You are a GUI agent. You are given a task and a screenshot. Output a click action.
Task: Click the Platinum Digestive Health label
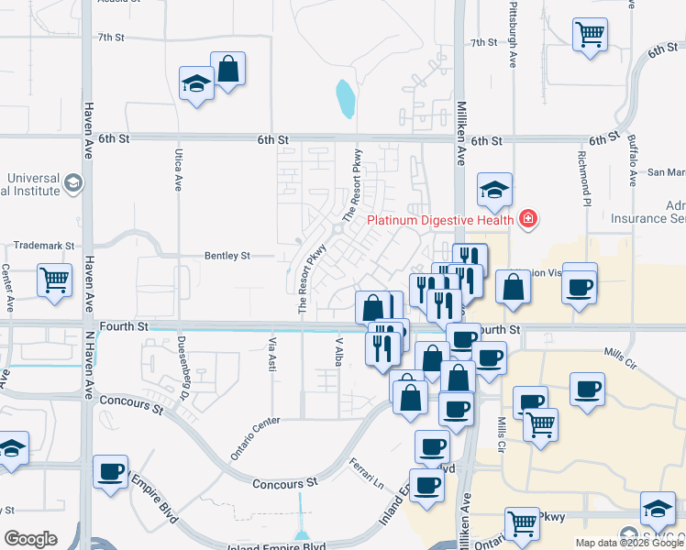(440, 220)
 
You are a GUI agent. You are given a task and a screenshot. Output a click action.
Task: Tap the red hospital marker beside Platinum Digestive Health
(527, 219)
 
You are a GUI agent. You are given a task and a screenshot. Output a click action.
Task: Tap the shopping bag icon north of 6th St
(227, 68)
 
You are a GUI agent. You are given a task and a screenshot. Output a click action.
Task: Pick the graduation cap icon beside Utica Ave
(196, 84)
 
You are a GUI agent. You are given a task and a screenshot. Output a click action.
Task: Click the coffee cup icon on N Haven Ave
(111, 471)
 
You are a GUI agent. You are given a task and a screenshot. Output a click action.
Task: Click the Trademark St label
(43, 246)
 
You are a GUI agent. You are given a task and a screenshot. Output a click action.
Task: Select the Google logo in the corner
(30, 539)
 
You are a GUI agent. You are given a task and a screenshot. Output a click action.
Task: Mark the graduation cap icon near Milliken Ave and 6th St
(494, 190)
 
